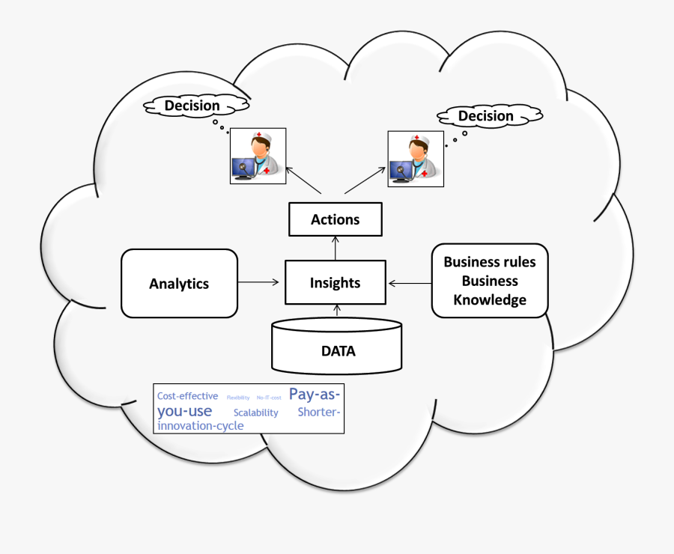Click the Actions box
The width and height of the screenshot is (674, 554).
(336, 220)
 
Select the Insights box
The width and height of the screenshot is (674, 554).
(336, 282)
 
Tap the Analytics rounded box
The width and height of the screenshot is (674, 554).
(179, 283)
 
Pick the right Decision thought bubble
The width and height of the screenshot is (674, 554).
(486, 116)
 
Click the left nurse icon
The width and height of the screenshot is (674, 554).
(258, 156)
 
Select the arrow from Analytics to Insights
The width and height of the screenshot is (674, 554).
(258, 282)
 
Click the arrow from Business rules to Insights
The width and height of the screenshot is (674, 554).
(410, 283)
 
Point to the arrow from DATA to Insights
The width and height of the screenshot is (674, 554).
(337, 311)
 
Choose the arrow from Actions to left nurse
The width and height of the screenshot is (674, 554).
(303, 180)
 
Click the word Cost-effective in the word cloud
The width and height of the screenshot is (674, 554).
(187, 396)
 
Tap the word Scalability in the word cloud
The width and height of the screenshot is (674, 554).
(255, 413)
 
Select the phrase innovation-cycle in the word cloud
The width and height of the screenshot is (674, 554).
(200, 426)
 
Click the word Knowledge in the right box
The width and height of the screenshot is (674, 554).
(490, 300)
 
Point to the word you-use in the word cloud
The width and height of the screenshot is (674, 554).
(184, 411)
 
